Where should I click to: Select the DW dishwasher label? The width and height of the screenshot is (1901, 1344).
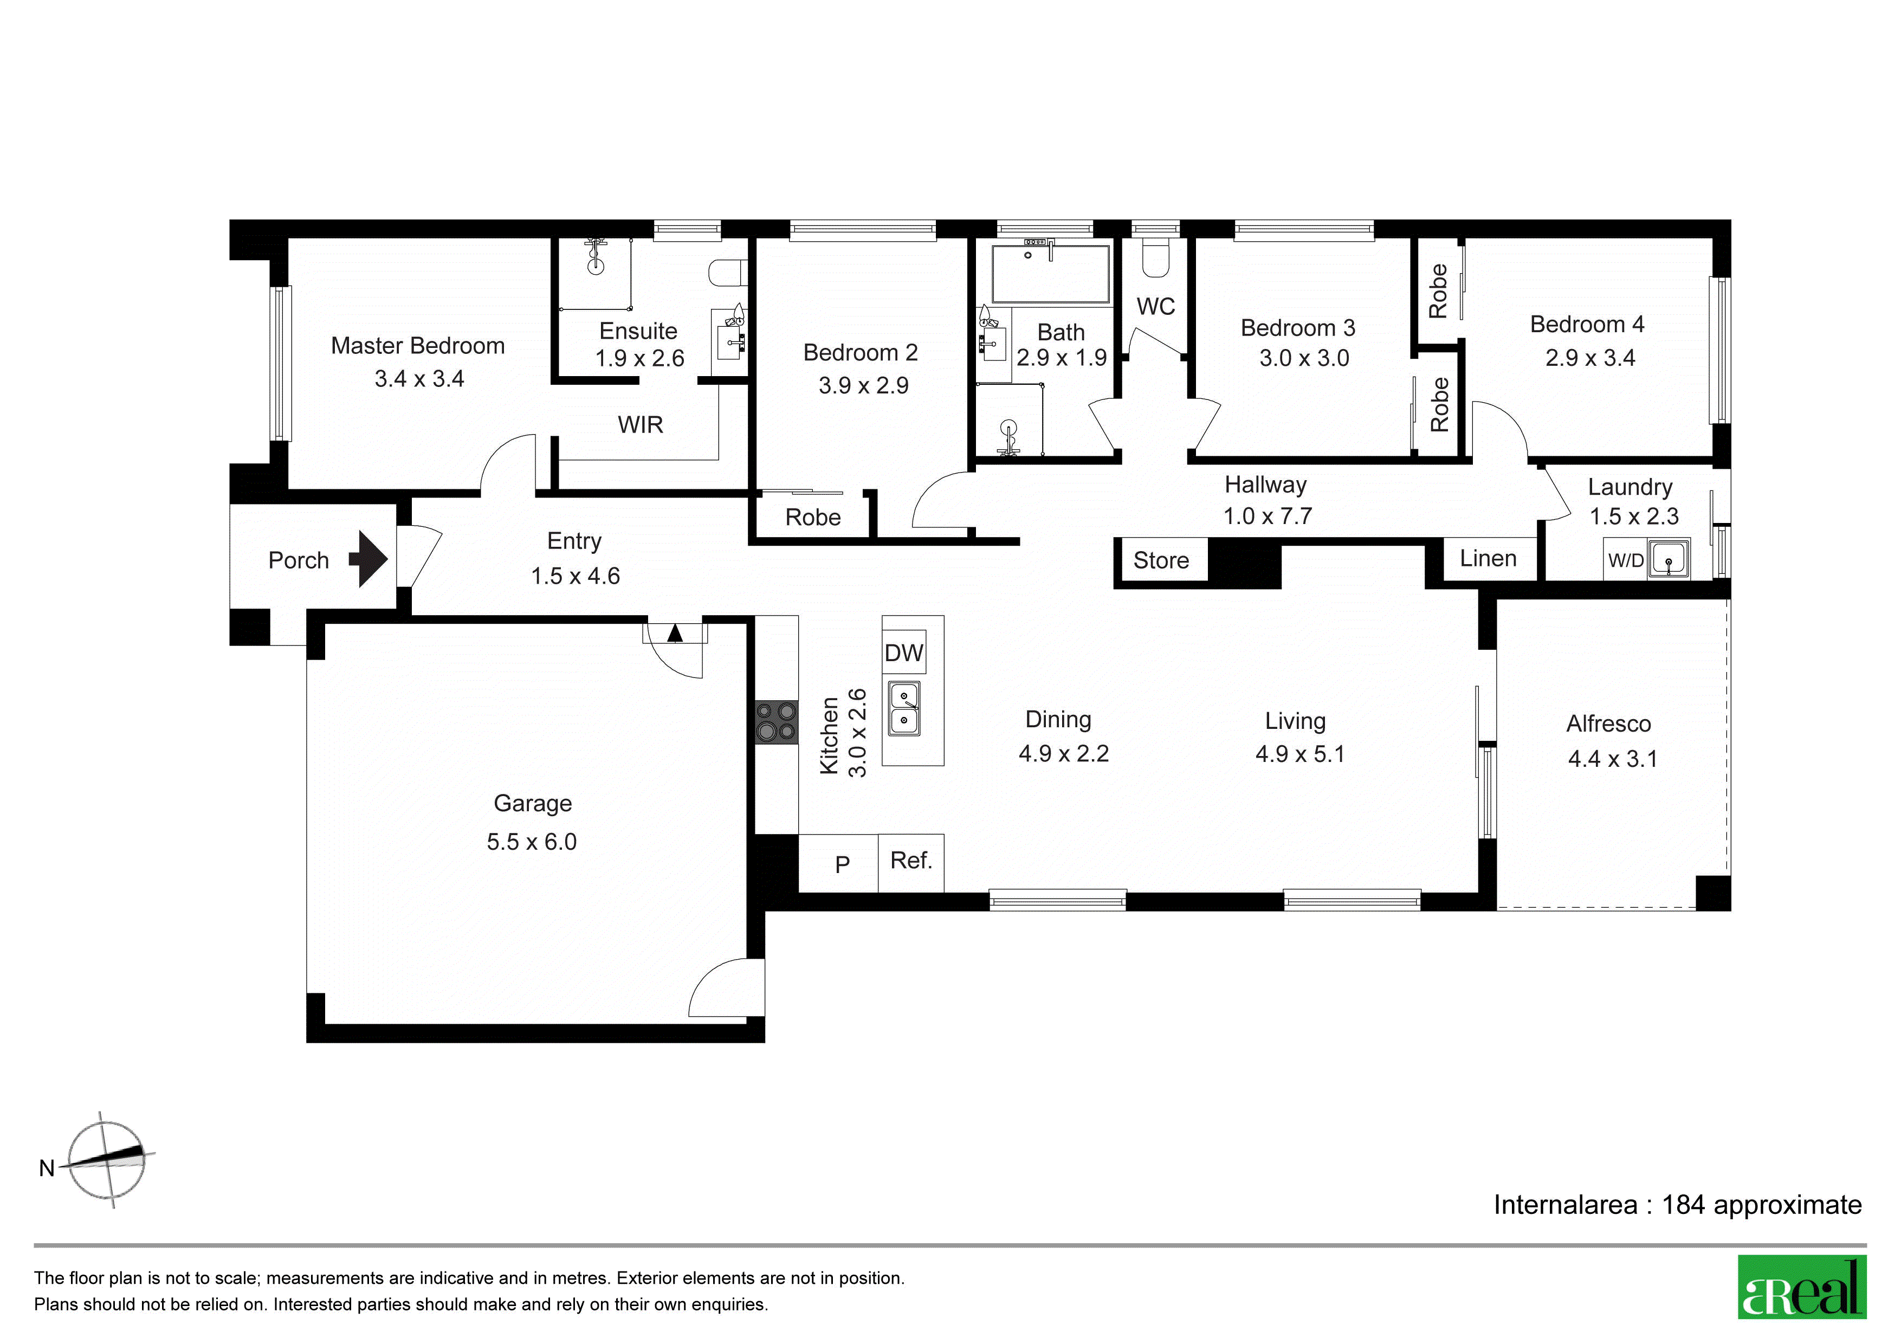pyautogui.click(x=903, y=654)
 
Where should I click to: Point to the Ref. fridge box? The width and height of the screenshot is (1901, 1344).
pyautogui.click(x=911, y=862)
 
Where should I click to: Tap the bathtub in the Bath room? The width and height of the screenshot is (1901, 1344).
pyautogui.click(x=1051, y=273)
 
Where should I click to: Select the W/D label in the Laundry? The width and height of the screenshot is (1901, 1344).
pyautogui.click(x=1625, y=560)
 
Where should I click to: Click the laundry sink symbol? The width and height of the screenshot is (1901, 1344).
pyautogui.click(x=1669, y=559)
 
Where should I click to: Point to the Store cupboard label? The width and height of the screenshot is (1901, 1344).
pyautogui.click(x=1161, y=560)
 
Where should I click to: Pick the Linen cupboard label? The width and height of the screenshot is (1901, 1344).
pyautogui.click(x=1488, y=558)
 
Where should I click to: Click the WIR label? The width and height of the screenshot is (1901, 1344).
pyautogui.click(x=640, y=425)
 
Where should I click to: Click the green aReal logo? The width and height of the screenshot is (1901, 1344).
pyautogui.click(x=1802, y=1288)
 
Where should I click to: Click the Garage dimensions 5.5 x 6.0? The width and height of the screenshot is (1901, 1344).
pyautogui.click(x=532, y=842)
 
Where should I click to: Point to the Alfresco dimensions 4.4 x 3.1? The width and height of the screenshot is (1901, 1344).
pyautogui.click(x=1613, y=759)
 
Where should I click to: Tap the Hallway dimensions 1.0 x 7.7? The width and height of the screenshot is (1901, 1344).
pyautogui.click(x=1268, y=516)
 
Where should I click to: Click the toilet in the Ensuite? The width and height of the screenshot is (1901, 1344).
pyautogui.click(x=729, y=273)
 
